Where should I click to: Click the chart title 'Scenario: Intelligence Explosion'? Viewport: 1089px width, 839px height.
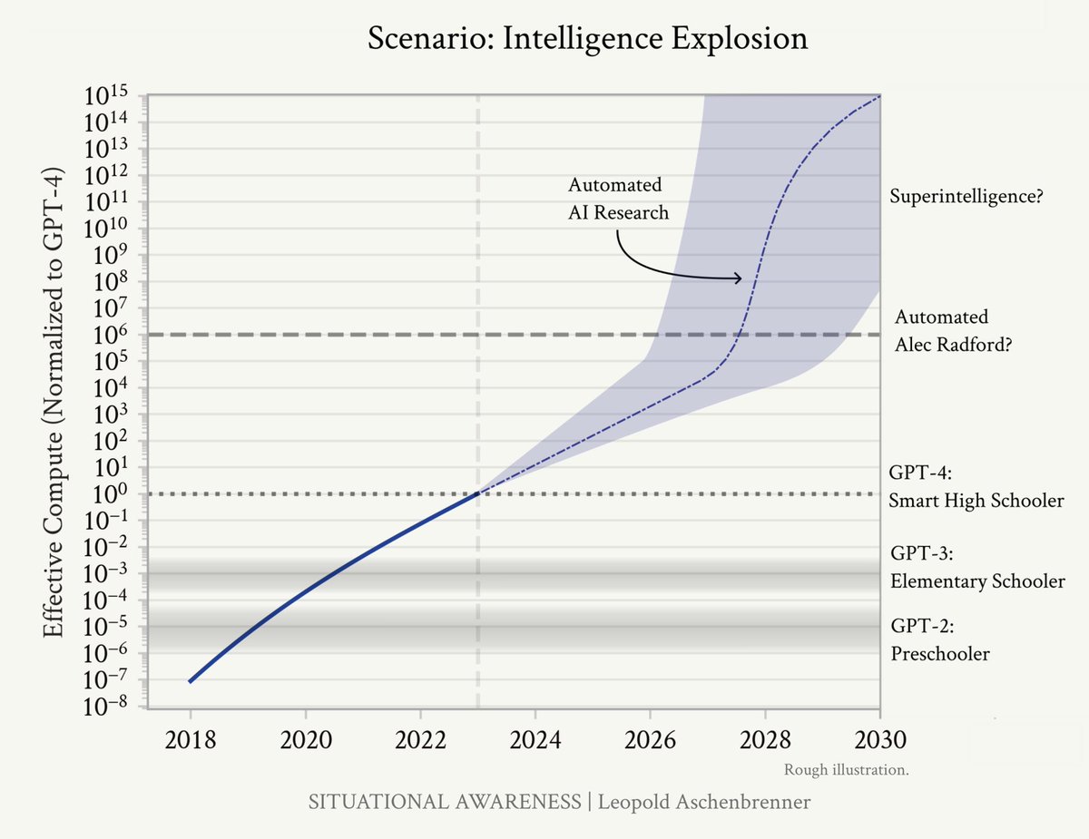(x=587, y=39)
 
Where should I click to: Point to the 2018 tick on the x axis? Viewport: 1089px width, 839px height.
(x=190, y=739)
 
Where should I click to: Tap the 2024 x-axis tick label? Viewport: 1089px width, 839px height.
(x=535, y=739)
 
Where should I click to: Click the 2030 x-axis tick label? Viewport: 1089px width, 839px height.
(x=879, y=739)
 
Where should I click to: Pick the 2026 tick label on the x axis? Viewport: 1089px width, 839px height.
(x=650, y=739)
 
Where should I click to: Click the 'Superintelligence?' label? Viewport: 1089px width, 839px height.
(x=965, y=197)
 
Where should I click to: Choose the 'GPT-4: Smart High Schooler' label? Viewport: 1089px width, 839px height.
(x=976, y=487)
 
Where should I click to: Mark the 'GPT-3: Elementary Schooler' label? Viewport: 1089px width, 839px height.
(x=976, y=568)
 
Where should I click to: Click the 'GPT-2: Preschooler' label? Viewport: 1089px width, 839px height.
(x=939, y=640)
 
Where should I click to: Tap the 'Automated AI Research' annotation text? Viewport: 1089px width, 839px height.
(x=617, y=199)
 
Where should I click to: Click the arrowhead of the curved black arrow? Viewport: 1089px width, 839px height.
(x=739, y=278)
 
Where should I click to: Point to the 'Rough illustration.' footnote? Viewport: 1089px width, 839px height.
(x=846, y=770)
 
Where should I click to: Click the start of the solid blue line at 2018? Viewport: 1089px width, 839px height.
(x=190, y=681)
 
